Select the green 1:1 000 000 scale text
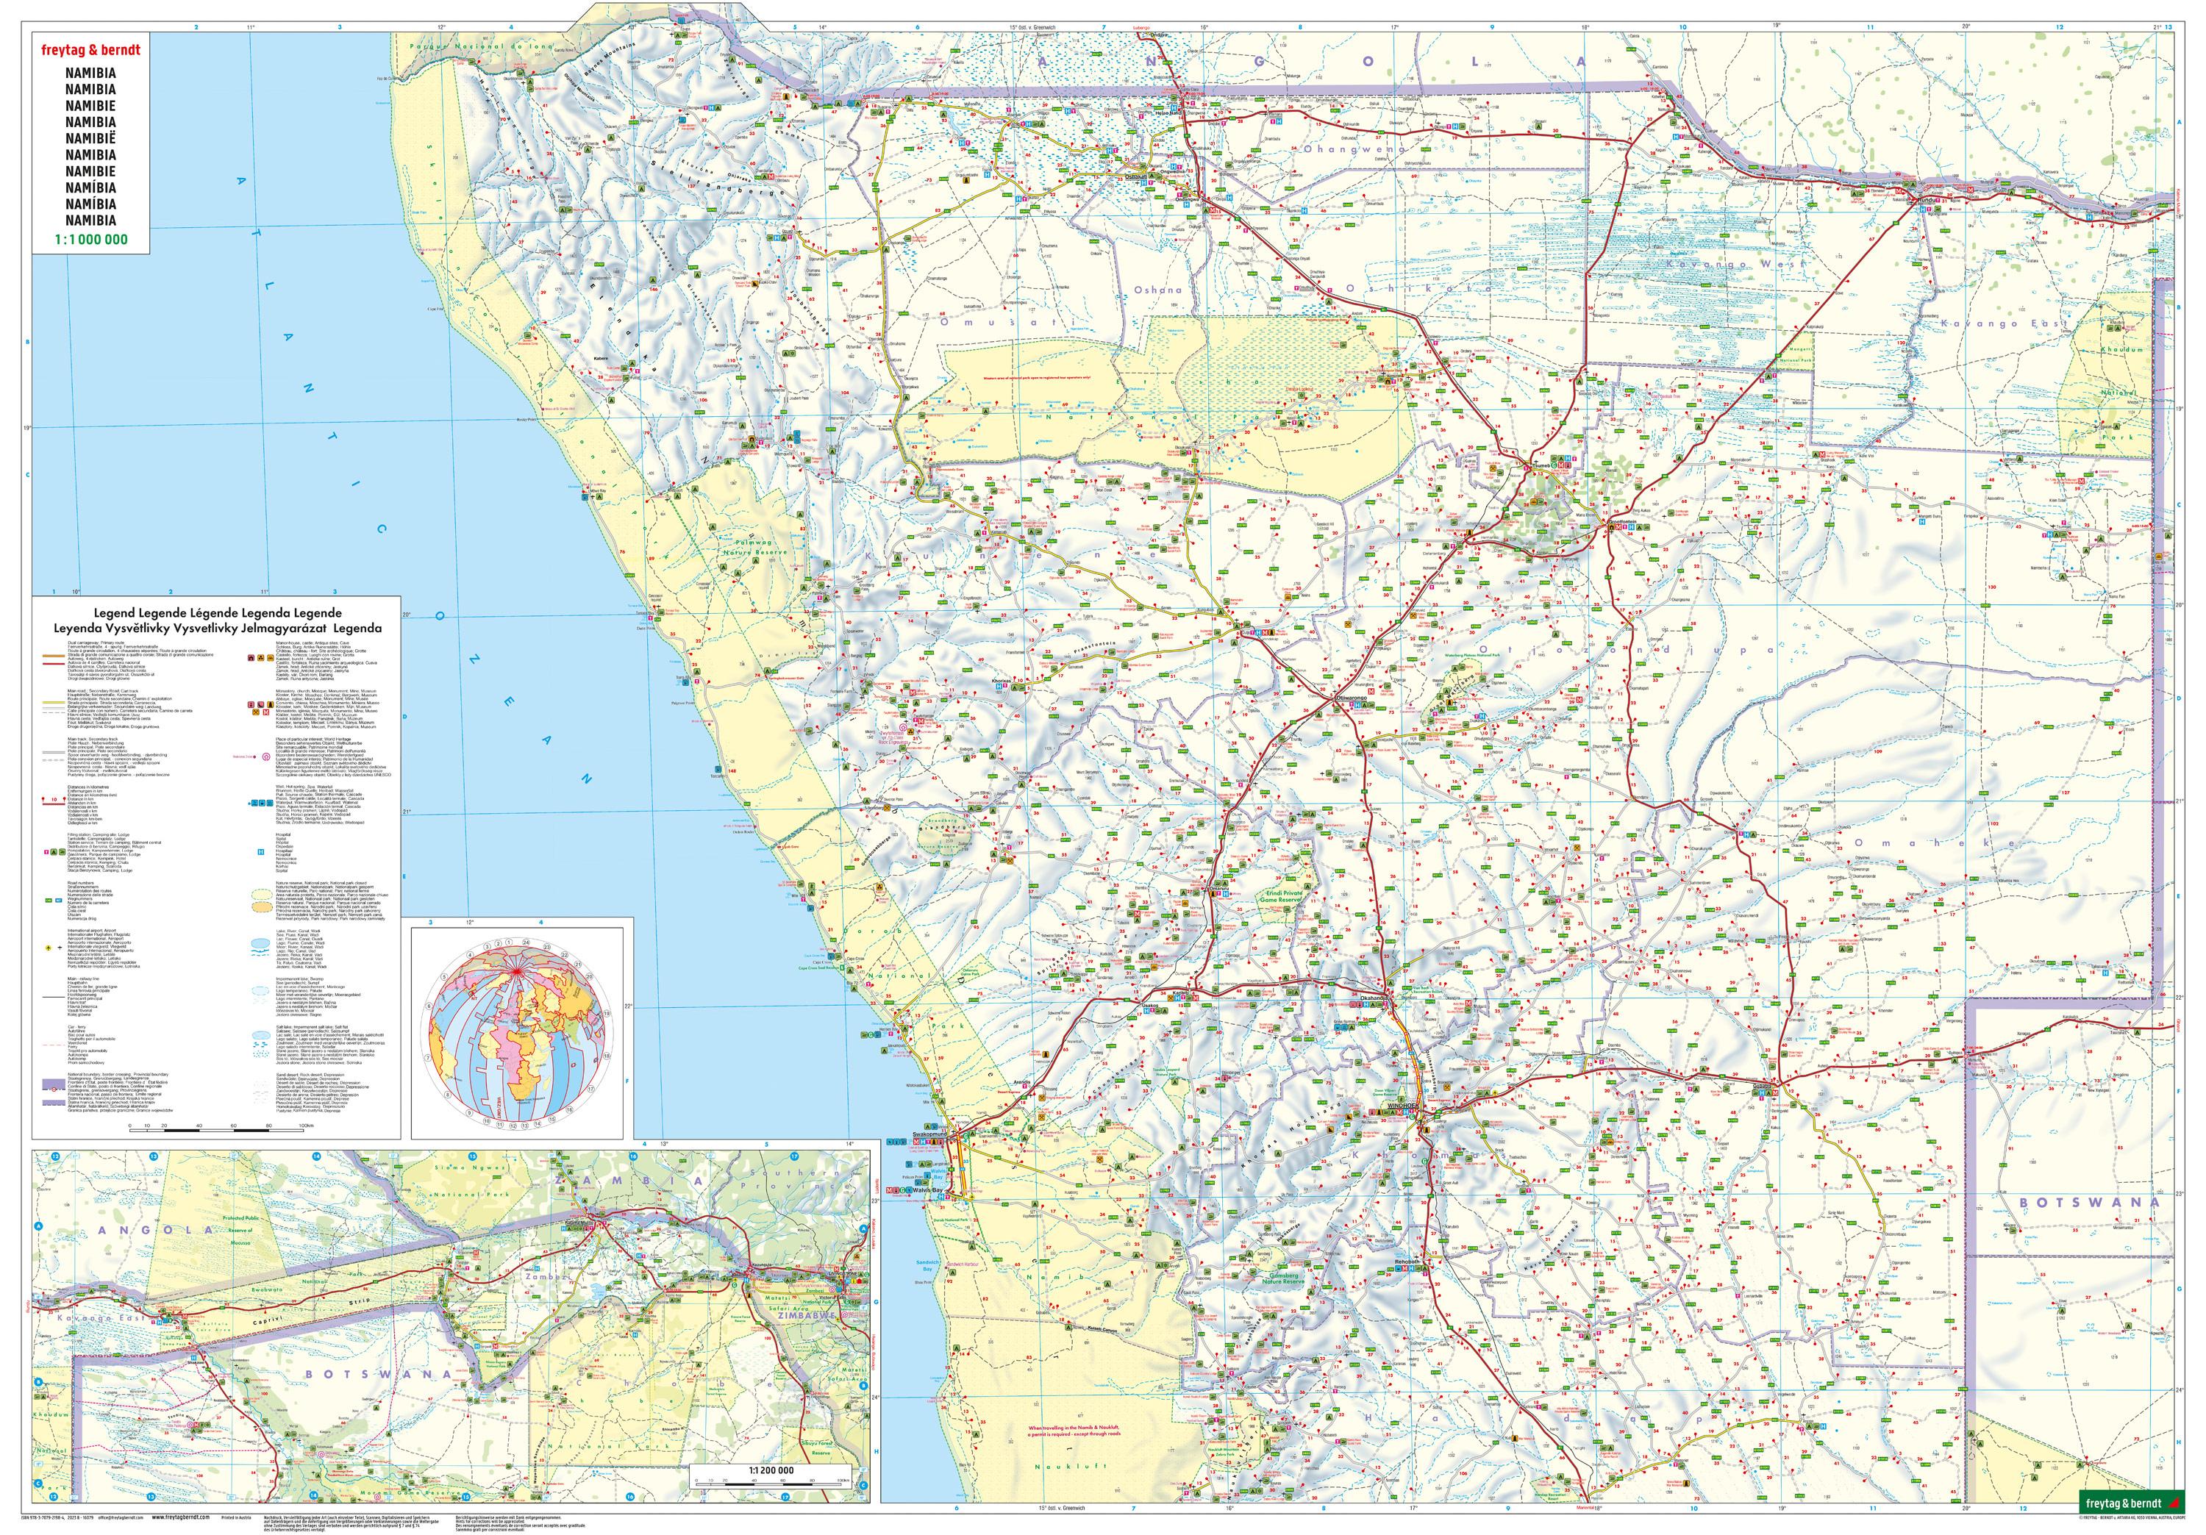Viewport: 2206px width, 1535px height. (x=90, y=239)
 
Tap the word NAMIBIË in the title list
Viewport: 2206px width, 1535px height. (x=90, y=138)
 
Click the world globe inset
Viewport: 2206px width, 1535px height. (x=520, y=1026)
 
